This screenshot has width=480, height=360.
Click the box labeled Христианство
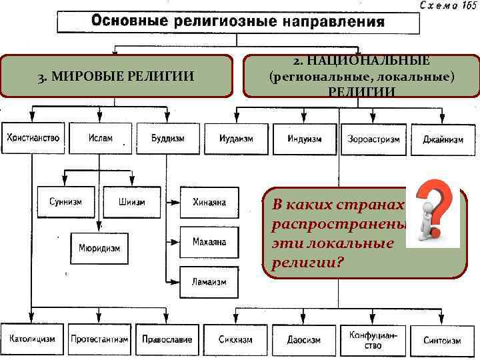point(33,139)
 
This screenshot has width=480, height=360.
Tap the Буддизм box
point(167,139)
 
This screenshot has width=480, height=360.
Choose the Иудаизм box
point(236,139)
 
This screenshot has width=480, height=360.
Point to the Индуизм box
point(305,139)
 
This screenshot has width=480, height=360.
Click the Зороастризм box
point(373,139)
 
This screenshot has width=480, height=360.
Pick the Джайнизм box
point(443,140)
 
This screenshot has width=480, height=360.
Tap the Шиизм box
point(132,202)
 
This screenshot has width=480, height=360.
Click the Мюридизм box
point(99,248)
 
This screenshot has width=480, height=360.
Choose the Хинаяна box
point(209,202)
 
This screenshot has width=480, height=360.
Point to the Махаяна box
point(209,241)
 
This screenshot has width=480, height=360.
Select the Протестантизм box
point(99,339)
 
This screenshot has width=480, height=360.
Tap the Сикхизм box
point(235,339)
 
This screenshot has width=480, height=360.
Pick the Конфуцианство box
point(373,340)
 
